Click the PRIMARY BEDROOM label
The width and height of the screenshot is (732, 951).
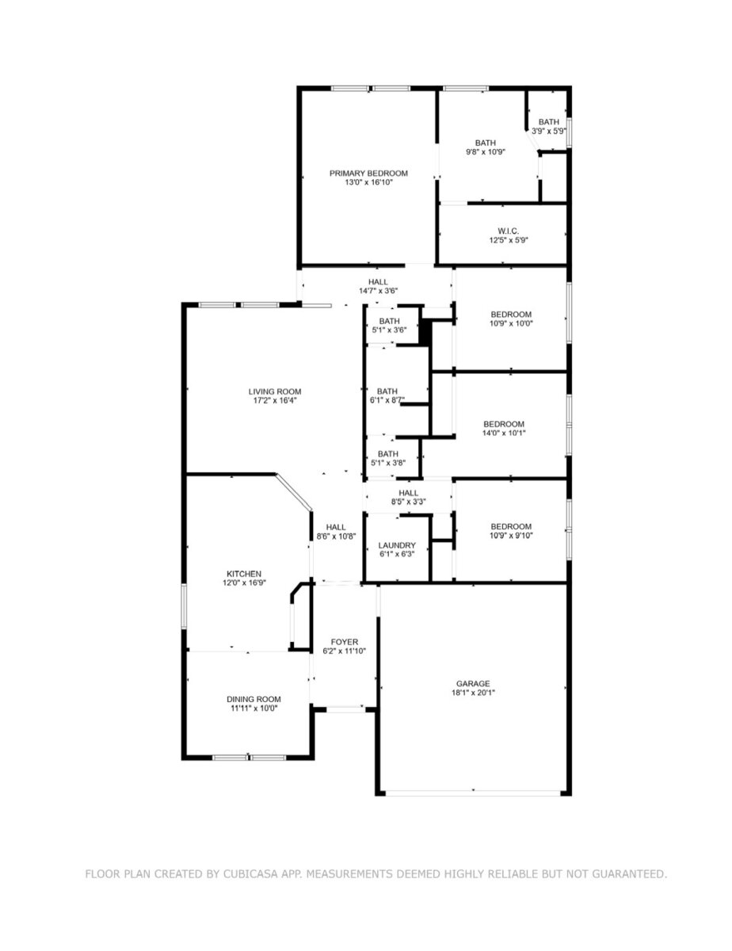368,174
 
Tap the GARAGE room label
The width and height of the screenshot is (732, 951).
473,684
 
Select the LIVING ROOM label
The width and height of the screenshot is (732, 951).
275,391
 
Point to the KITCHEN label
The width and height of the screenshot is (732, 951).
243,574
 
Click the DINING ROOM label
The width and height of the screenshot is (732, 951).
254,699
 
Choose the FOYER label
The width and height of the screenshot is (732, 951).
344,642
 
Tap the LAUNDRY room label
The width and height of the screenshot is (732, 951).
397,545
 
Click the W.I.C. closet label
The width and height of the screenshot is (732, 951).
508,231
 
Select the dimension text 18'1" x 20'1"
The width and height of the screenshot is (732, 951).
473,693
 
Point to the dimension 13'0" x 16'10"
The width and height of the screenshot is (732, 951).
368,182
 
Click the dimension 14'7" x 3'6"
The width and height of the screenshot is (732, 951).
378,291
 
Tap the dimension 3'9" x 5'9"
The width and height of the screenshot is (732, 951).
548,131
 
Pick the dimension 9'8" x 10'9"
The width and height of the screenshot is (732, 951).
486,152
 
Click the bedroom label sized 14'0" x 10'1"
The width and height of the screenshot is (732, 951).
504,424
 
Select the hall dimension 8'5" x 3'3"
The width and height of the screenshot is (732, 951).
408,502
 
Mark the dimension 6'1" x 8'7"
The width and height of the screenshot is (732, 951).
387,400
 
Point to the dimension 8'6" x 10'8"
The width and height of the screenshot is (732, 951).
336,536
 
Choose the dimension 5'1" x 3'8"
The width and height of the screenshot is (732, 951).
389,463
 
